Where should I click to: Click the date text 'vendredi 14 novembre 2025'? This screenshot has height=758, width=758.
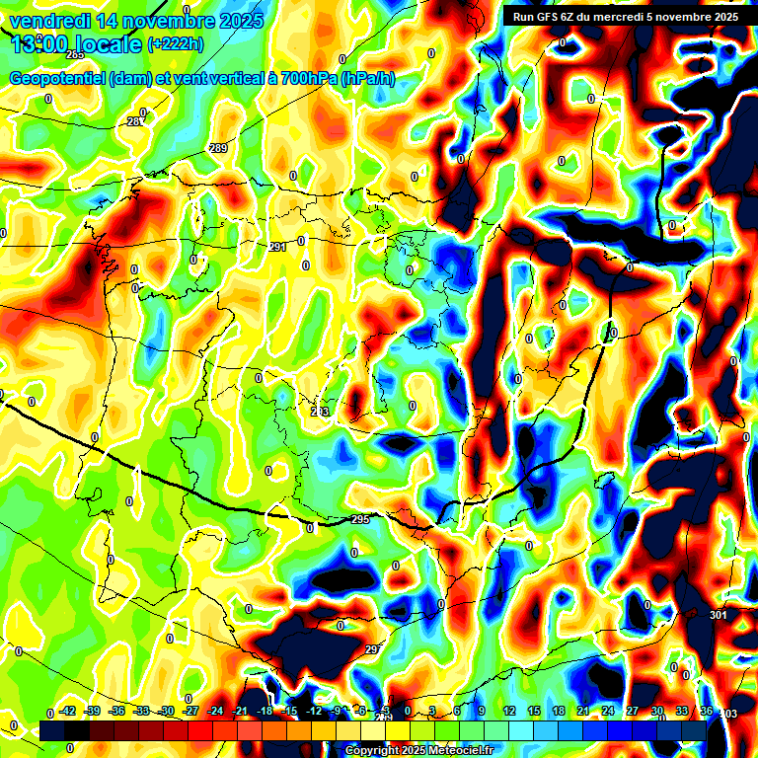136,21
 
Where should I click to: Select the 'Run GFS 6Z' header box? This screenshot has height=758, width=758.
625,16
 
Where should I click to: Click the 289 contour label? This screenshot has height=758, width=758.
218,148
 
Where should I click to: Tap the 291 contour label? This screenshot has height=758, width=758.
277,247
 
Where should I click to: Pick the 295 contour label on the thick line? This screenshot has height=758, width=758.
360,519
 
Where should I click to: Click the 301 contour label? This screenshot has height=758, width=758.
718,615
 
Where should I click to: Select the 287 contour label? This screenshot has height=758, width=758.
135,121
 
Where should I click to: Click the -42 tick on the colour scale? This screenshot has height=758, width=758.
69,711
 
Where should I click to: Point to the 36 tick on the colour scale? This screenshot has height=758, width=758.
706,711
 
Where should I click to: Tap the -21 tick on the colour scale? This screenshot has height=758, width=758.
240,711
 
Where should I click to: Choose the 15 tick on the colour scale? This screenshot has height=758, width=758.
533,711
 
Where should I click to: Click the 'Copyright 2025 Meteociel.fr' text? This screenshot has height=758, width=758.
418,750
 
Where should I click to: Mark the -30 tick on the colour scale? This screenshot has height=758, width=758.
167,711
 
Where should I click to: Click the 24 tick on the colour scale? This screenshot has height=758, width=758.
607,711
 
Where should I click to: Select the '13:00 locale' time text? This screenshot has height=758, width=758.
75,43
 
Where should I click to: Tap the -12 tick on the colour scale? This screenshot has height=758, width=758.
314,711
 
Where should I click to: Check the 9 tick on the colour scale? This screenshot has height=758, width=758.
482,711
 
